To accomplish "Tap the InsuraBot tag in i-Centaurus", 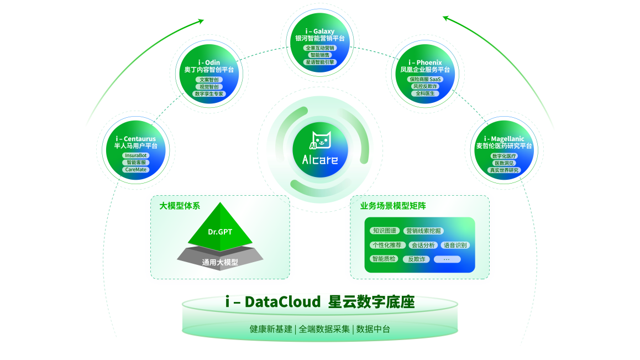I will (x=136, y=156).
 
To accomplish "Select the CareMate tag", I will (x=136, y=169).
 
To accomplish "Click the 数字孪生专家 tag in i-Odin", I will (x=209, y=94).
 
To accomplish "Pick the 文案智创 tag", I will (x=209, y=80).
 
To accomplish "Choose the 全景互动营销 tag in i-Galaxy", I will (x=320, y=48).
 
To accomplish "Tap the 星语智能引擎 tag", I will (x=320, y=62).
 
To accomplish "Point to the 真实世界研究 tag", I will (x=504, y=170).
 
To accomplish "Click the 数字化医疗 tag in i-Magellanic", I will (x=504, y=156).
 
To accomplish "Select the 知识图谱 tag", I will (x=384, y=231).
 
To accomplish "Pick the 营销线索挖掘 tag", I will (x=423, y=231).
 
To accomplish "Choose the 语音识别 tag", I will (x=455, y=245).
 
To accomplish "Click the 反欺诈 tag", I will (x=416, y=259).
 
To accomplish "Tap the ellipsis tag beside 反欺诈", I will (x=447, y=259).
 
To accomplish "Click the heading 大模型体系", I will (x=180, y=206).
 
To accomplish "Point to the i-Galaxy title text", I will (x=320, y=32).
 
